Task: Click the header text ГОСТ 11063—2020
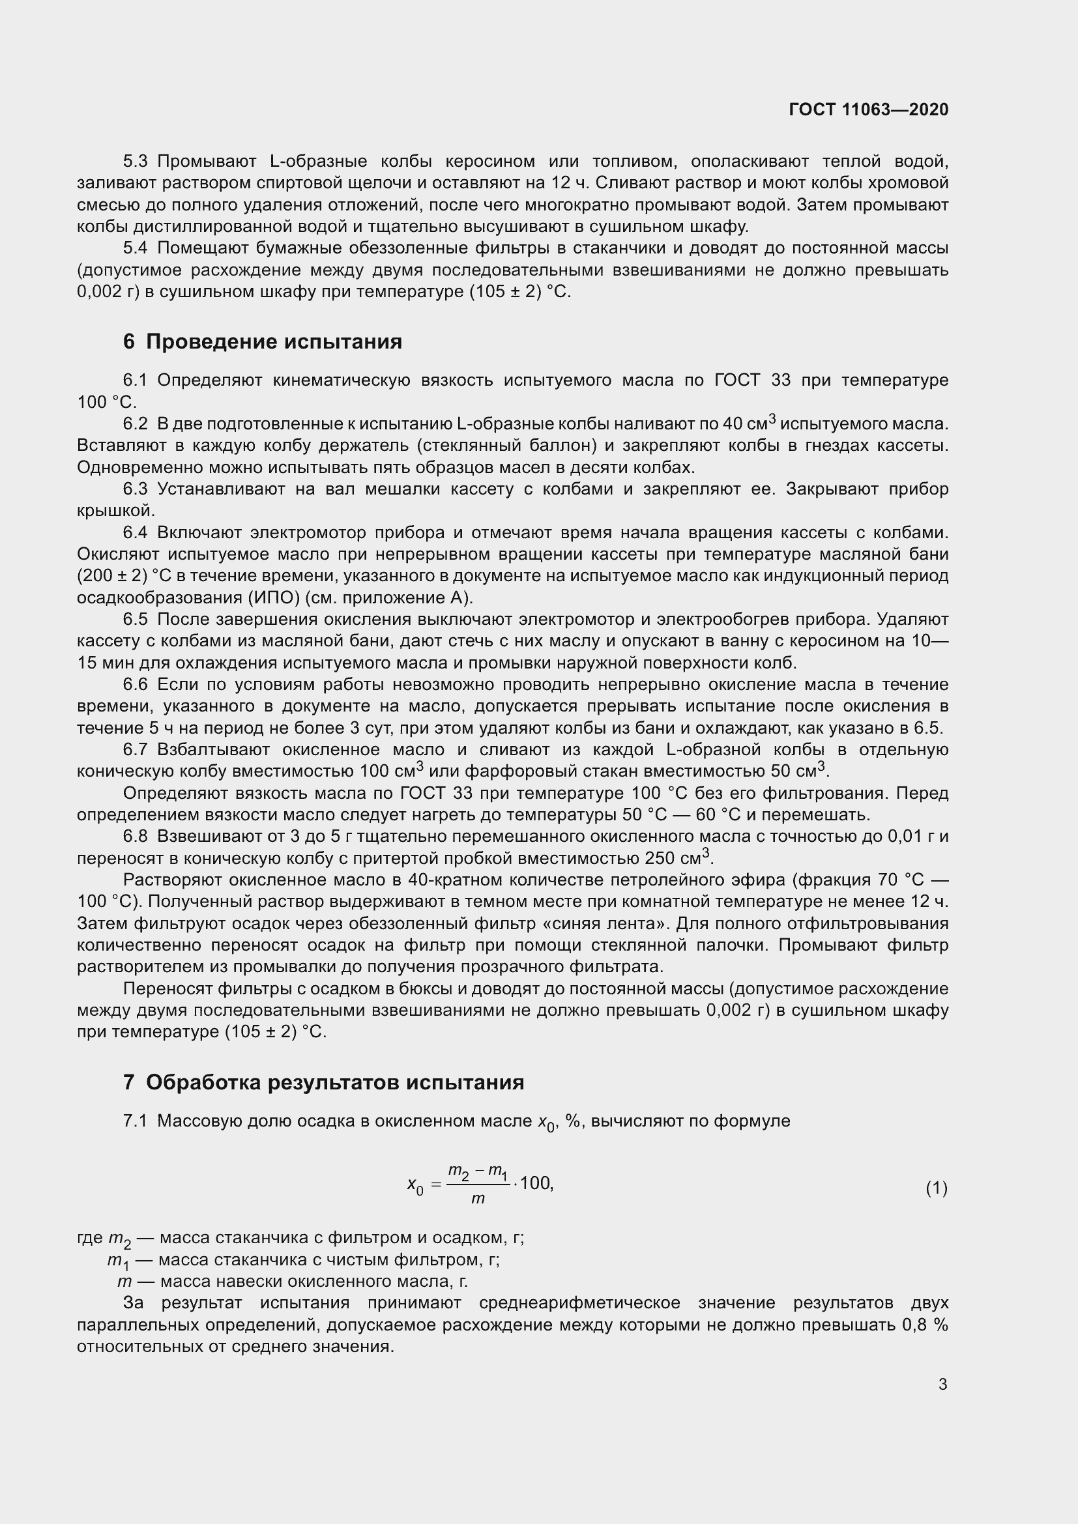[x=868, y=109]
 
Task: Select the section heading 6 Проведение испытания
[x=262, y=342]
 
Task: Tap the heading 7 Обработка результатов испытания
[x=323, y=1083]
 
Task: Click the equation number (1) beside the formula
[x=936, y=1188]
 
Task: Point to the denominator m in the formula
[x=477, y=1200]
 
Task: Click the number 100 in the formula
[x=536, y=1183]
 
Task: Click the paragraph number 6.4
[x=136, y=532]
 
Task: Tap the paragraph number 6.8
[x=136, y=837]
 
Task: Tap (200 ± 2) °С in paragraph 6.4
[x=121, y=575]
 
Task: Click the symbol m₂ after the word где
[x=119, y=1239]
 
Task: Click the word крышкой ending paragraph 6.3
[x=115, y=510]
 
